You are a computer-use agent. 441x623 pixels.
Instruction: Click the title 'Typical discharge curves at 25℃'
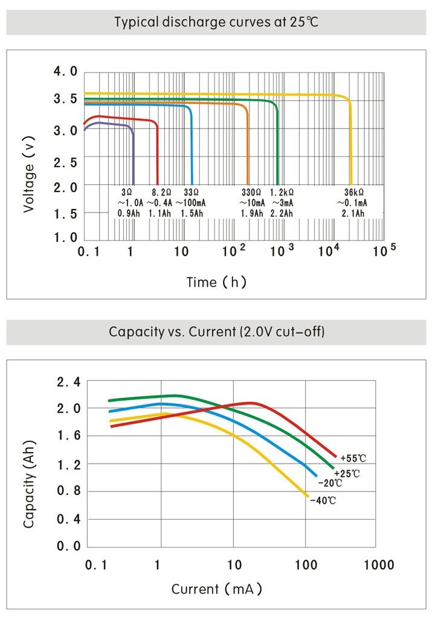coord(216,23)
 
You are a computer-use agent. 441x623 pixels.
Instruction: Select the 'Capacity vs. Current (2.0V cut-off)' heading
coord(216,332)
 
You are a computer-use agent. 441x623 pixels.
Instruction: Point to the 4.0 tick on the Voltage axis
coord(65,72)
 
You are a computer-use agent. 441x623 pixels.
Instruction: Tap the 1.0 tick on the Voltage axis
coord(65,238)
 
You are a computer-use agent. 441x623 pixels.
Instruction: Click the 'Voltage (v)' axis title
coord(28,173)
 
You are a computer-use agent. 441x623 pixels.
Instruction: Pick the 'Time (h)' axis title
coord(216,282)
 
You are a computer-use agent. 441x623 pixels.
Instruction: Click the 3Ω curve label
coord(126,192)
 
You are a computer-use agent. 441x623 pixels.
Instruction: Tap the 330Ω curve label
coord(251,192)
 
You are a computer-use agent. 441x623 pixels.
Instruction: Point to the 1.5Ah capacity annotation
coord(192,214)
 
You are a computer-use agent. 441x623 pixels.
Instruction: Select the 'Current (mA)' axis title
coord(217,589)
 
